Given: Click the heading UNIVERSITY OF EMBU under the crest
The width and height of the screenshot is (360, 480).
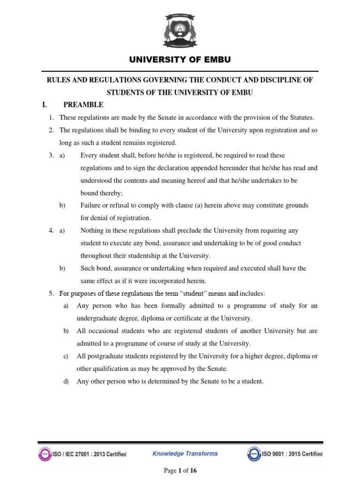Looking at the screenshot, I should (180, 60).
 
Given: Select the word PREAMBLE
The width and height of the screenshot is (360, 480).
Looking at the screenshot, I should (83, 105).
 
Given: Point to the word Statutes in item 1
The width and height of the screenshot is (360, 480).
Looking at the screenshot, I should (301, 117).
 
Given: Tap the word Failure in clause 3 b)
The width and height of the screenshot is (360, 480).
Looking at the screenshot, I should (90, 205).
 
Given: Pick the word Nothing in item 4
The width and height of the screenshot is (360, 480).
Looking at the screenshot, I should (93, 231).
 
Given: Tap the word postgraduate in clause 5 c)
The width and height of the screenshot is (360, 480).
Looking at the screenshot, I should (105, 356).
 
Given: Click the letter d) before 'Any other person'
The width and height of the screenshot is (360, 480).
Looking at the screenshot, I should (66, 382).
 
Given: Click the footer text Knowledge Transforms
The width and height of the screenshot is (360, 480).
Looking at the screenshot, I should (185, 453).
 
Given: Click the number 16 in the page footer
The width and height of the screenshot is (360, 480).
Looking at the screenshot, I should (193, 471).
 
